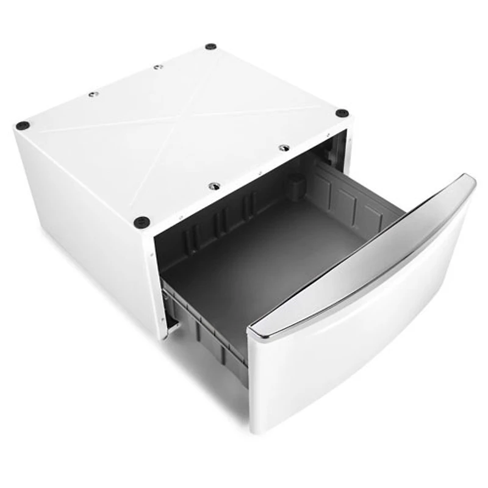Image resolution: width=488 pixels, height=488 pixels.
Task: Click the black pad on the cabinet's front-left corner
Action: click(x=142, y=221)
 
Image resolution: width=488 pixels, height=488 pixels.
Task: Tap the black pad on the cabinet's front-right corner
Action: click(x=342, y=113)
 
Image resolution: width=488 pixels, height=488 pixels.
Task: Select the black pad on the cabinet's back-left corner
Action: click(x=23, y=126)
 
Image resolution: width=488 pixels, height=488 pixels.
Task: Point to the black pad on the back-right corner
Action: click(x=210, y=46)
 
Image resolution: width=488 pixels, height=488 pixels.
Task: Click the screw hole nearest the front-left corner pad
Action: click(x=213, y=186)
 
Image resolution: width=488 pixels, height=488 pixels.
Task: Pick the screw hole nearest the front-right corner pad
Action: click(x=284, y=148)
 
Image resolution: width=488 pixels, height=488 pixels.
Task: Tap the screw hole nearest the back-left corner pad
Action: click(x=93, y=95)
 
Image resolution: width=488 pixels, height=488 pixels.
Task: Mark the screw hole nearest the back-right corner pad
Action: click(x=158, y=66)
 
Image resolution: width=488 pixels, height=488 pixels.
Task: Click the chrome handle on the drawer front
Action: click(x=366, y=256)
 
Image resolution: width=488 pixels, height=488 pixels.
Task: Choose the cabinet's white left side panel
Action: click(x=79, y=232)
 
